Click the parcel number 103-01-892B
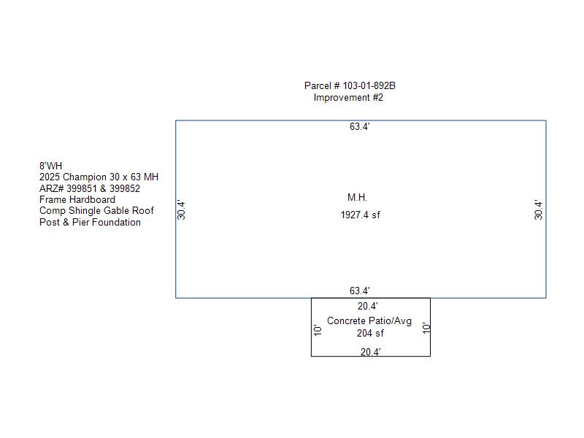pyautogui.click(x=350, y=85)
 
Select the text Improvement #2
pyautogui.click(x=348, y=97)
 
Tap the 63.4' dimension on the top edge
pyautogui.click(x=359, y=127)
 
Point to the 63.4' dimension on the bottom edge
pyautogui.click(x=359, y=291)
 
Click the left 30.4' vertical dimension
pyautogui.click(x=182, y=210)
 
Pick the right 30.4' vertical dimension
pyautogui.click(x=539, y=210)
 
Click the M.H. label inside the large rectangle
pyautogui.click(x=357, y=197)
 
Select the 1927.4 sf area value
pyautogui.click(x=360, y=215)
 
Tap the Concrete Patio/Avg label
pyautogui.click(x=369, y=321)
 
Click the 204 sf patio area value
pyautogui.click(x=370, y=334)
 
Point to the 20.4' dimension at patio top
pyautogui.click(x=367, y=307)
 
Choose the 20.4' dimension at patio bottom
pyautogui.click(x=370, y=352)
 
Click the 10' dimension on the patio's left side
pyautogui.click(x=318, y=329)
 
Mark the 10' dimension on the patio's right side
pyautogui.click(x=426, y=328)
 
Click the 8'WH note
pyautogui.click(x=50, y=166)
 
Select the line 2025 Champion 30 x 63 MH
pyautogui.click(x=99, y=177)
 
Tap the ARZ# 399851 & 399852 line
pyautogui.click(x=89, y=188)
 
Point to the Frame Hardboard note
pyautogui.click(x=77, y=199)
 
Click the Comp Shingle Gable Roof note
pyautogui.click(x=96, y=211)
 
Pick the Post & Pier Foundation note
pyautogui.click(x=90, y=222)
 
